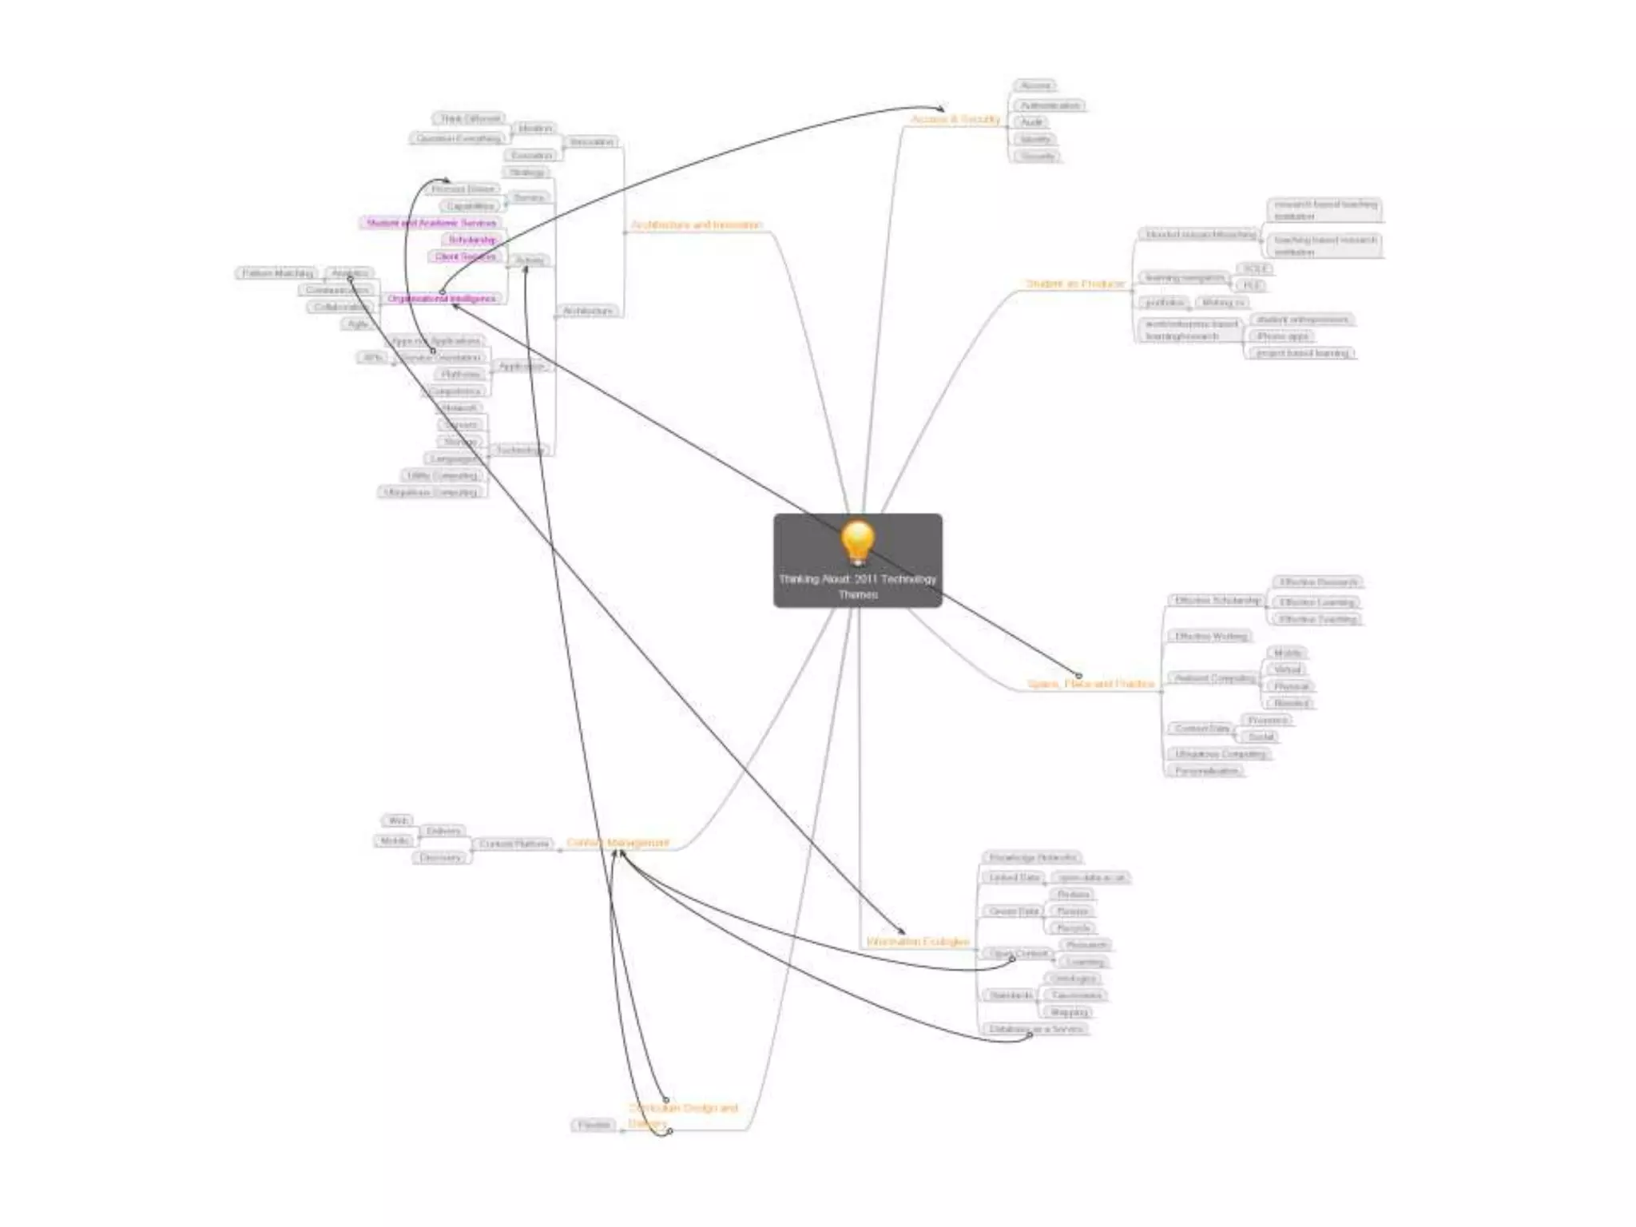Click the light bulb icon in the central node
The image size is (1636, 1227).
(857, 542)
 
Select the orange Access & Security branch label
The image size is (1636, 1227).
(955, 120)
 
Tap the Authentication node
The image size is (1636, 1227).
(1050, 105)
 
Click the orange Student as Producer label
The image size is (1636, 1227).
(1075, 284)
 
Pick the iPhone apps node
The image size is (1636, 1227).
(1283, 336)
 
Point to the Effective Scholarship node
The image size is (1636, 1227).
(1217, 601)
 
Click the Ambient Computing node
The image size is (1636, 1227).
(1214, 678)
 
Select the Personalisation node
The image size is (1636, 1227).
(1206, 771)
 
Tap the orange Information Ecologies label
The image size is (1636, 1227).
(918, 942)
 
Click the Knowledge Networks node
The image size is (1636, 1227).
(1032, 858)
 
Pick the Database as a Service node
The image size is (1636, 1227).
(1035, 1029)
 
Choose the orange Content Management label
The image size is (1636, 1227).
(617, 843)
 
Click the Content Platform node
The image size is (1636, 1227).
(514, 844)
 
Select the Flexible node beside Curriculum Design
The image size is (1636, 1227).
(594, 1125)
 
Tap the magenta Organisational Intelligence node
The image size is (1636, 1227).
(441, 299)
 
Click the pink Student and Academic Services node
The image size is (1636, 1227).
(431, 223)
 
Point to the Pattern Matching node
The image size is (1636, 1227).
(277, 273)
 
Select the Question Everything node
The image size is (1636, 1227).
(459, 138)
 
